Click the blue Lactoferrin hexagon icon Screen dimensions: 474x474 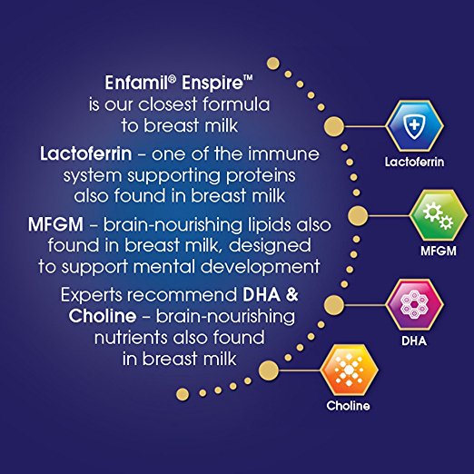[x=414, y=126]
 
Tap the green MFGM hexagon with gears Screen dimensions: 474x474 [x=439, y=215]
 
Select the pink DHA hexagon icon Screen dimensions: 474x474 [x=414, y=304]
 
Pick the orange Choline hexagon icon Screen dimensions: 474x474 [x=349, y=370]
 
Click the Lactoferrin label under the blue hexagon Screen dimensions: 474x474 [x=414, y=163]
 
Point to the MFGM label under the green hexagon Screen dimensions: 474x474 [x=439, y=251]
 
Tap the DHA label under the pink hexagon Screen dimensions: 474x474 [x=414, y=341]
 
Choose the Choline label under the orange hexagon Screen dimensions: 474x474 [x=348, y=406]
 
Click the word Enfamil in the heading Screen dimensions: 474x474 [x=137, y=83]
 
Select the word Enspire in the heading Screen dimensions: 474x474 [x=212, y=84]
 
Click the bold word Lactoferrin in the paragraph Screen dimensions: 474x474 [x=86, y=153]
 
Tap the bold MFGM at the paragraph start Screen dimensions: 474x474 [x=55, y=225]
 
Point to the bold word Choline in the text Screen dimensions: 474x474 [x=103, y=316]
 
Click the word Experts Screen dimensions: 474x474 [x=93, y=296]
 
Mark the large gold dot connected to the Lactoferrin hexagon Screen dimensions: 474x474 [x=334, y=126]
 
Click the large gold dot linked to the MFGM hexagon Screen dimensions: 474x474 [x=358, y=215]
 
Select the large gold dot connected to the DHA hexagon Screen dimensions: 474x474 [x=334, y=305]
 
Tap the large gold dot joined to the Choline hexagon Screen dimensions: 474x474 [x=269, y=370]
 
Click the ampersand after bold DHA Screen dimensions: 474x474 [x=291, y=295]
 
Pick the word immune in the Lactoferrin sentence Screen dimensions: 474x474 [x=283, y=153]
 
